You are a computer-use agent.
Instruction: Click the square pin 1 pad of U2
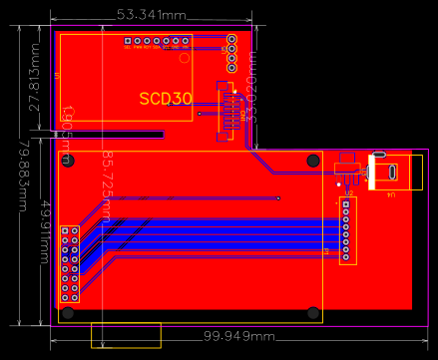346,202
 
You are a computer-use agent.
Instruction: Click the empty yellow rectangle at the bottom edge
126,335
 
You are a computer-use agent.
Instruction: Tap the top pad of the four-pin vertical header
231,40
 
